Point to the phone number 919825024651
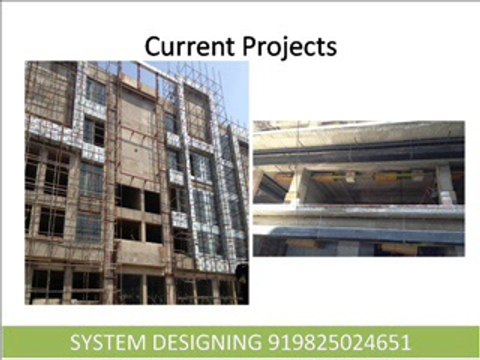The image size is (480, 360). coord(340,342)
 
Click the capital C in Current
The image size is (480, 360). coord(153,46)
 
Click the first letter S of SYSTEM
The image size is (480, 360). coord(75,342)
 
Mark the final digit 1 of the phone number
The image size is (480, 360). coord(407,342)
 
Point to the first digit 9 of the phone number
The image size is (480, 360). coord(273,342)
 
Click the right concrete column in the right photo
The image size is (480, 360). coord(444,184)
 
